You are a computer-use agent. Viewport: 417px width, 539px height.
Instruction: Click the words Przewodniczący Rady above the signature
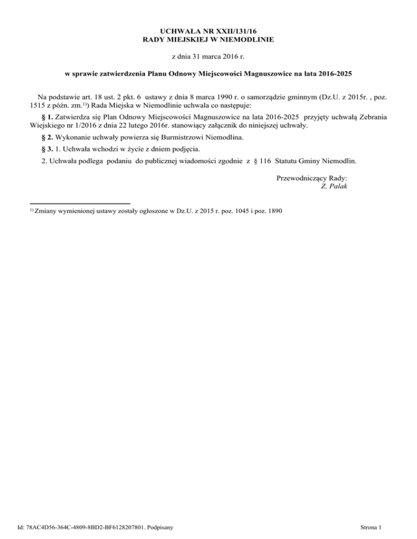[x=312, y=177]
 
